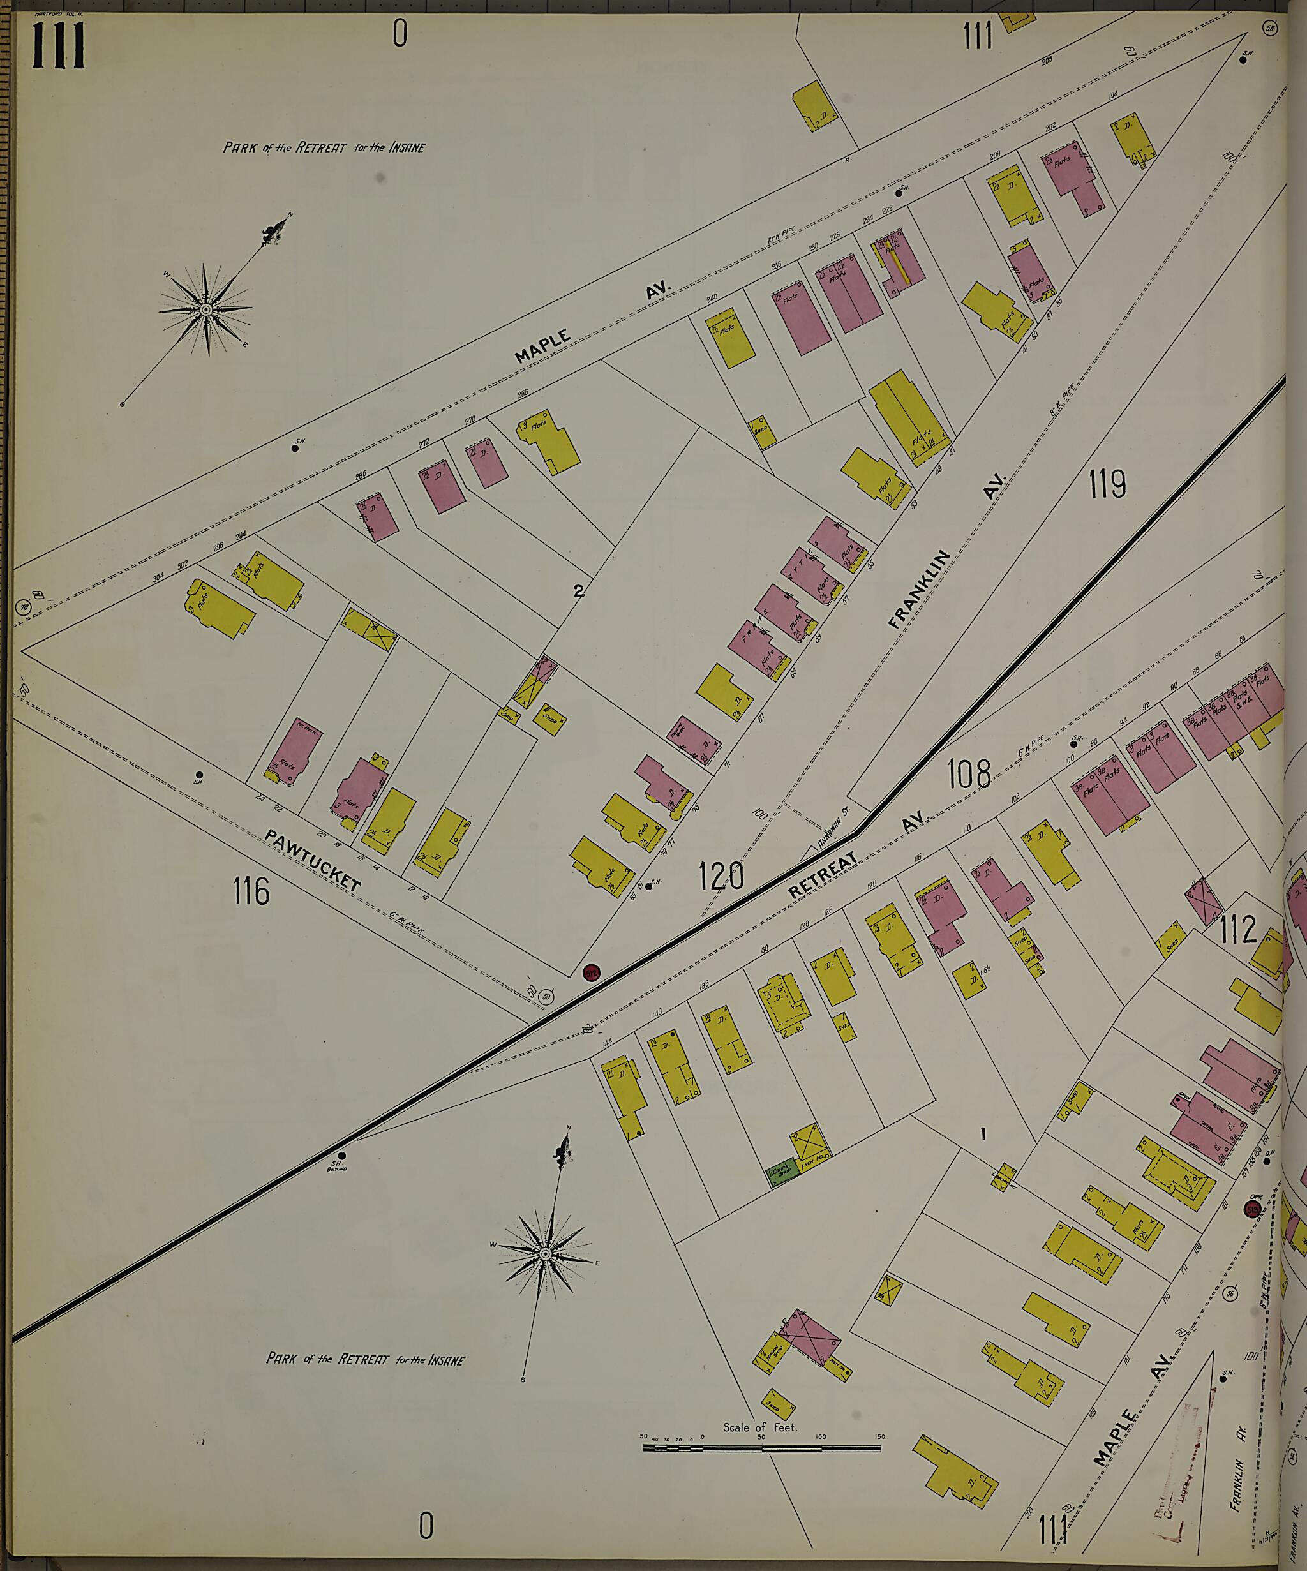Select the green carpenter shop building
pyautogui.click(x=782, y=1177)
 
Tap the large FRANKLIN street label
pyautogui.click(x=920, y=590)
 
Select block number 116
pyautogui.click(x=251, y=891)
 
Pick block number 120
pyautogui.click(x=722, y=875)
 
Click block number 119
pyautogui.click(x=1107, y=486)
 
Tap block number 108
pyautogui.click(x=969, y=774)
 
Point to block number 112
pyautogui.click(x=1237, y=930)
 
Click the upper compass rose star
pyautogui.click(x=205, y=309)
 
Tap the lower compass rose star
pyautogui.click(x=544, y=1254)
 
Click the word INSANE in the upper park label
pyautogui.click(x=407, y=147)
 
